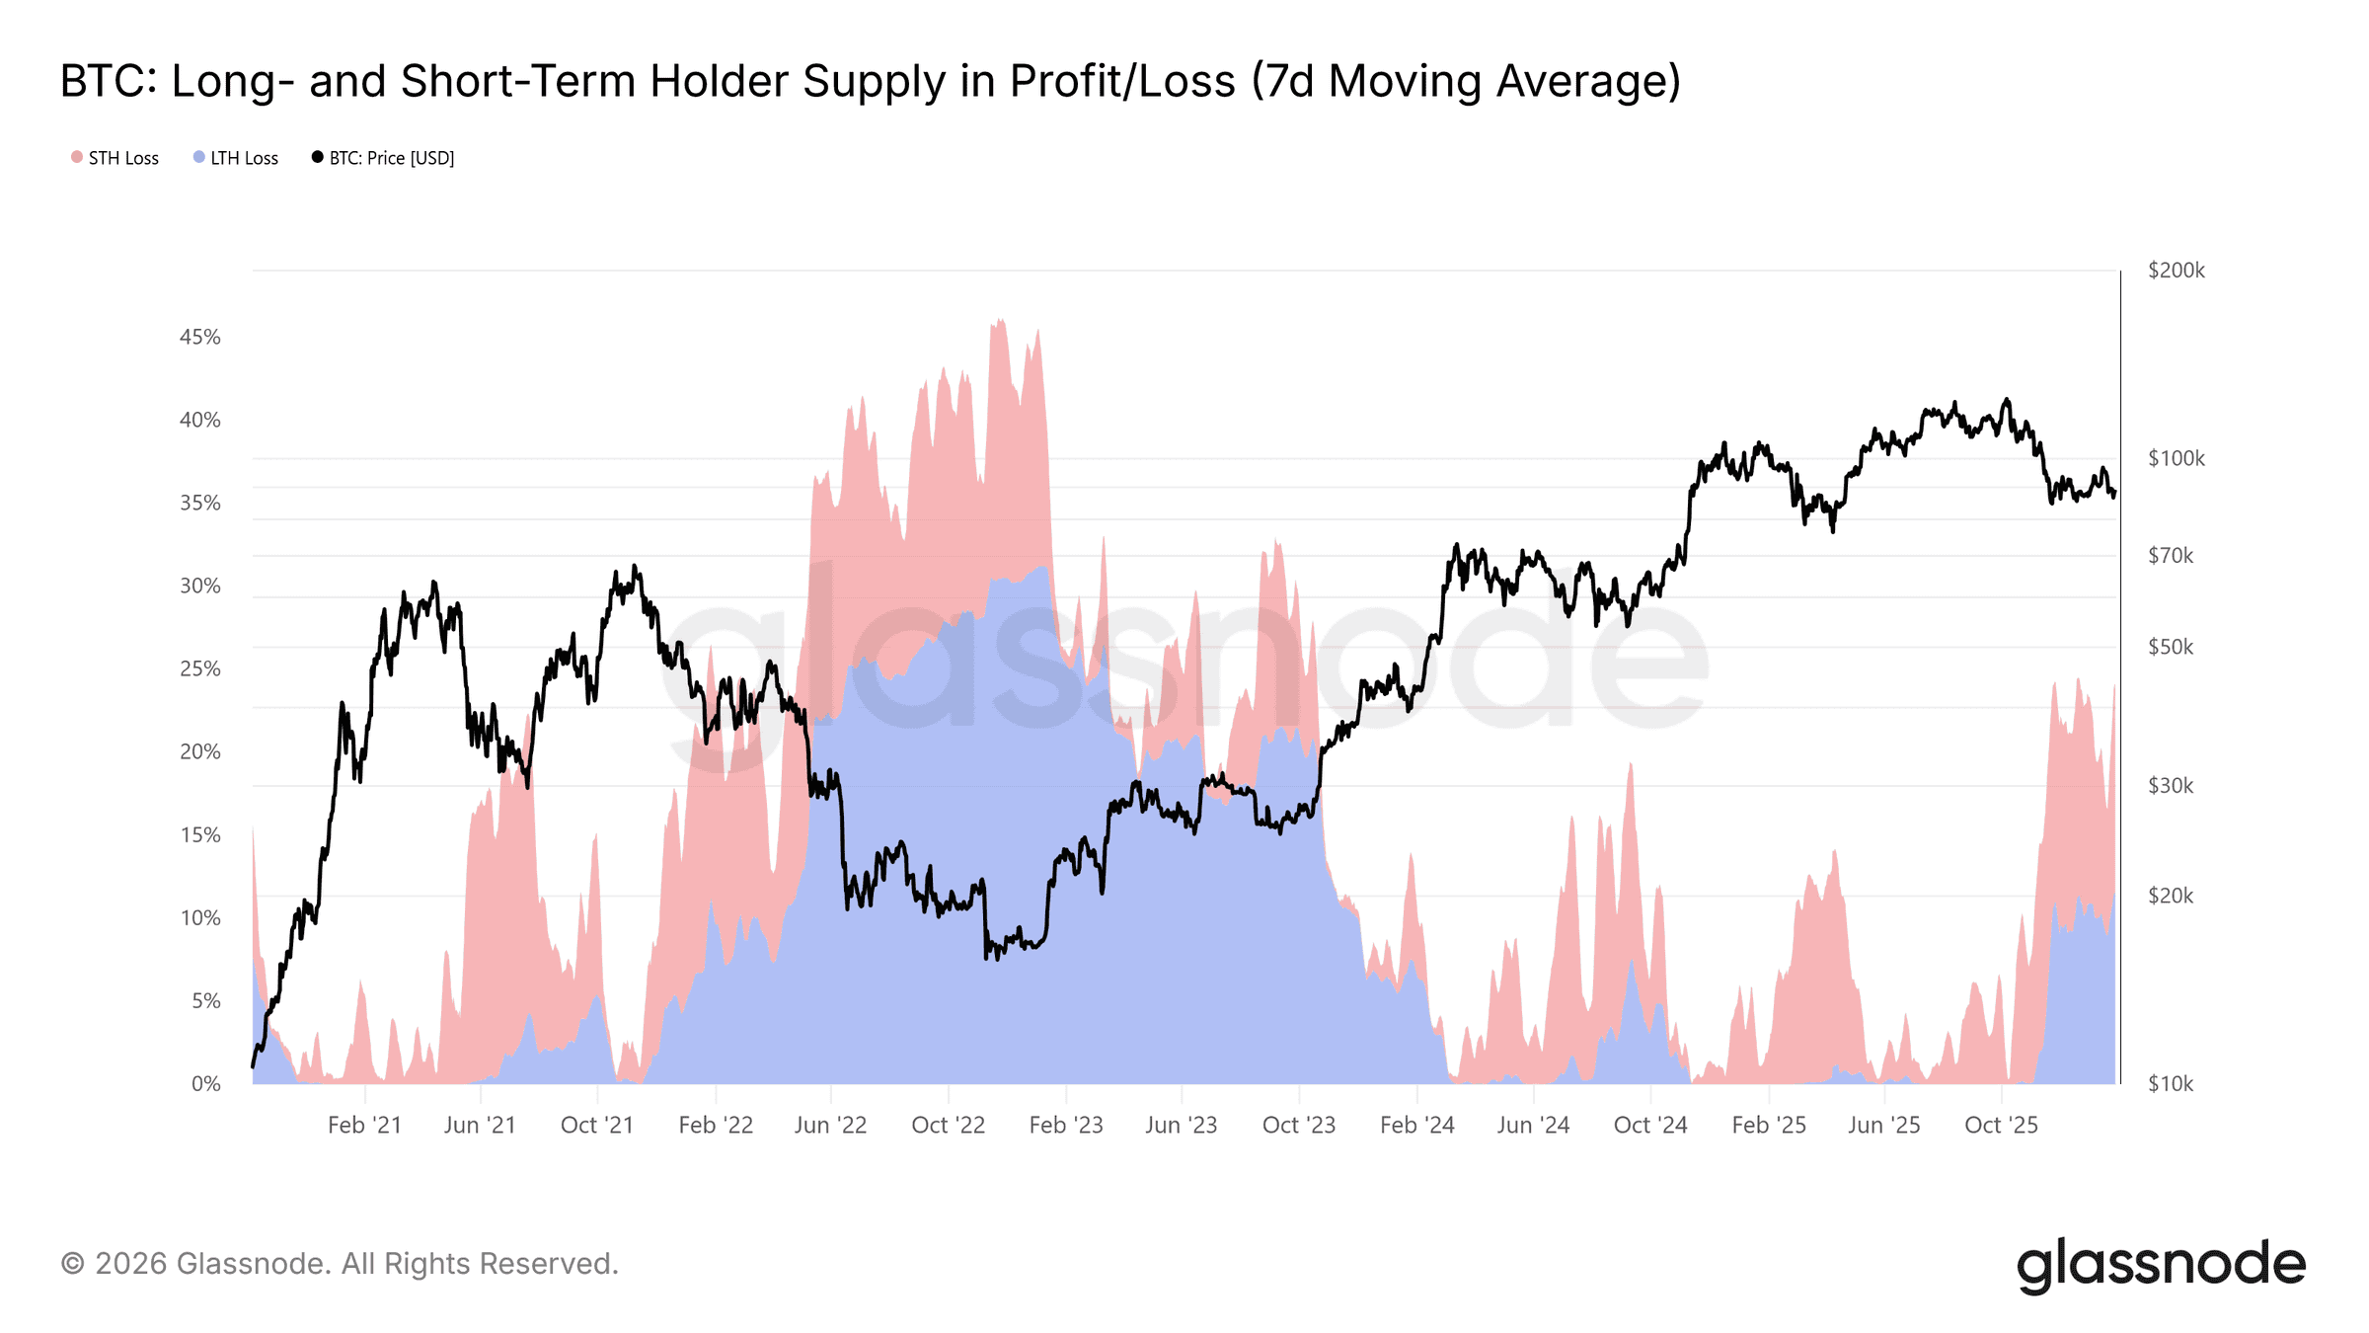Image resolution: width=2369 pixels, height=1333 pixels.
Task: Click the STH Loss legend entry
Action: pyautogui.click(x=115, y=158)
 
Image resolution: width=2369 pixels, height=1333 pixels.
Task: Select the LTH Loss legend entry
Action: pyautogui.click(x=236, y=158)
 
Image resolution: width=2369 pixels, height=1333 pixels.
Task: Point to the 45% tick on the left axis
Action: pyautogui.click(x=200, y=337)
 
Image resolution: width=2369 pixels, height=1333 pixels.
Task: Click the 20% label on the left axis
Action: pyautogui.click(x=200, y=751)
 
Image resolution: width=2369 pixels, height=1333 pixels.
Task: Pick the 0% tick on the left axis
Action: pyautogui.click(x=206, y=1083)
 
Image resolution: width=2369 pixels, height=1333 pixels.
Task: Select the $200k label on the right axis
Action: pyautogui.click(x=2176, y=271)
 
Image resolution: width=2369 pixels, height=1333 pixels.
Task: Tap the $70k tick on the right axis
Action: pyautogui.click(x=2171, y=556)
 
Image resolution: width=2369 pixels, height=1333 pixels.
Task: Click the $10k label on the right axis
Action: pyautogui.click(x=2171, y=1083)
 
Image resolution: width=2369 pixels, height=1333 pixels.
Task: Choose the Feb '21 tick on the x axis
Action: pyautogui.click(x=364, y=1125)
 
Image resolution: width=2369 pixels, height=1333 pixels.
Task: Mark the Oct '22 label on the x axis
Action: pyautogui.click(x=948, y=1125)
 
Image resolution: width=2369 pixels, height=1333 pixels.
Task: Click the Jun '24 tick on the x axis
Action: pyautogui.click(x=1533, y=1125)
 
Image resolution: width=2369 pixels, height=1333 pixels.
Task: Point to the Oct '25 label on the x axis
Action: pyautogui.click(x=2001, y=1125)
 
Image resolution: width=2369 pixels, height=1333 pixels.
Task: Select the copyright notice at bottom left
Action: pyautogui.click(x=340, y=1263)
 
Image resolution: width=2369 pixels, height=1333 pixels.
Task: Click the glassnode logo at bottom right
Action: pyautogui.click(x=2161, y=1265)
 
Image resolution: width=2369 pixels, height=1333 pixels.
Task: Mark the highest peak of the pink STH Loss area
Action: pyautogui.click(x=1000, y=321)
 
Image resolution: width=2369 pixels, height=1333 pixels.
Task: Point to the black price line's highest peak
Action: pyautogui.click(x=2006, y=400)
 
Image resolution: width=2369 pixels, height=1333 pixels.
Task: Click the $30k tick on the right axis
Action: pyautogui.click(x=2171, y=786)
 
